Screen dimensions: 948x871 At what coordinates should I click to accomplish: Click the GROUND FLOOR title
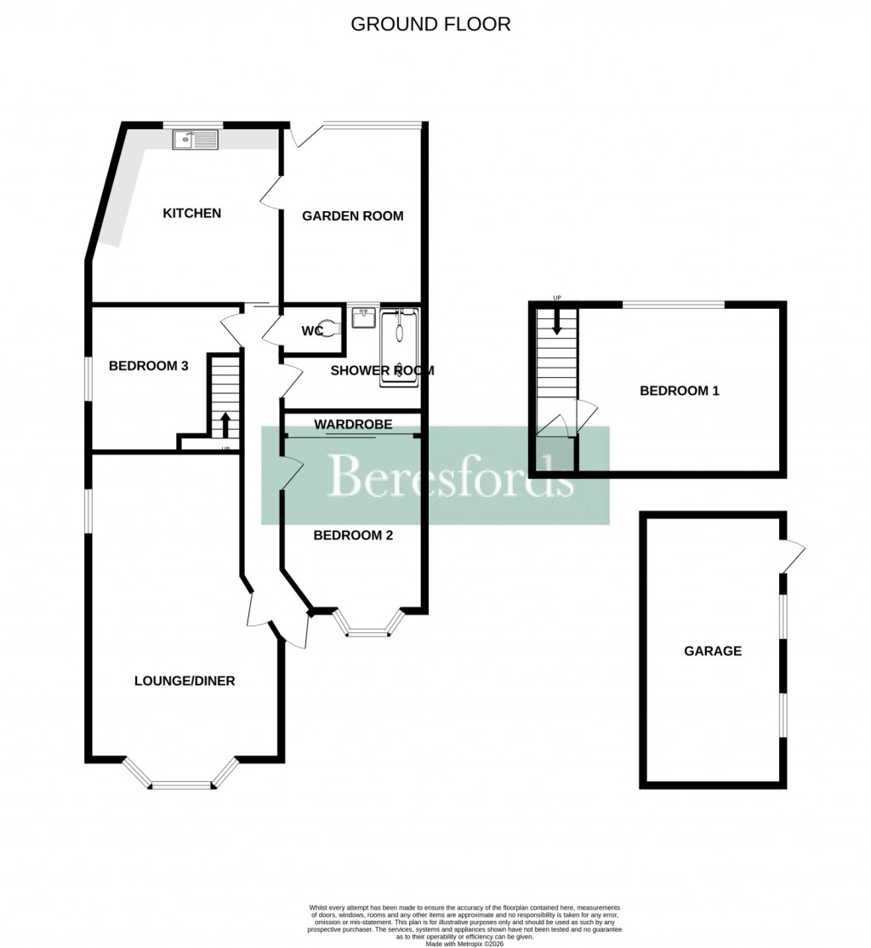click(430, 24)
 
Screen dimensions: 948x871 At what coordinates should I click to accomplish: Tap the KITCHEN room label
click(192, 213)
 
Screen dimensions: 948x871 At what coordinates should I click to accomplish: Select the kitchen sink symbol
click(196, 140)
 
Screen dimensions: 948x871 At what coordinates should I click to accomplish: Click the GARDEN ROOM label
click(352, 216)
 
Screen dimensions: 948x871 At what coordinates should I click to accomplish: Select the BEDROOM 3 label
click(148, 366)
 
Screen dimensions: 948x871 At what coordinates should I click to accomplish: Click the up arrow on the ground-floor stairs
click(225, 422)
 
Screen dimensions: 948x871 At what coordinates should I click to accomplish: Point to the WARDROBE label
click(352, 423)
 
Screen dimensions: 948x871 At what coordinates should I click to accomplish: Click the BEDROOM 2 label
click(352, 535)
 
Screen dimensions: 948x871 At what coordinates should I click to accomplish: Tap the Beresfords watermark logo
click(435, 475)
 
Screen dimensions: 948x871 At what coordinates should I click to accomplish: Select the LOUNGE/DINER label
click(185, 681)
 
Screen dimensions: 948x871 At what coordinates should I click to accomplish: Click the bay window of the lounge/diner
click(180, 780)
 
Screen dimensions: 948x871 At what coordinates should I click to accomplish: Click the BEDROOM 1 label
click(680, 391)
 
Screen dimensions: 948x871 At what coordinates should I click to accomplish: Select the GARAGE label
click(713, 651)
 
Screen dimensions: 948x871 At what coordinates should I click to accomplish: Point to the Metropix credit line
click(464, 943)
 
